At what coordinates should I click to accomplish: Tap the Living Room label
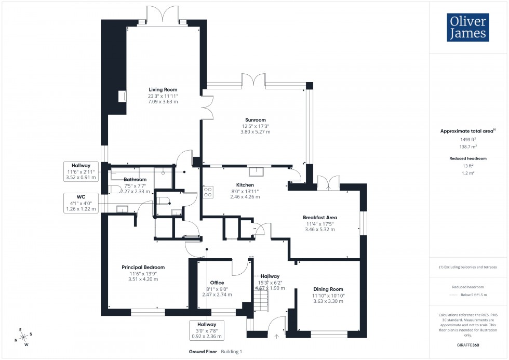tap(164, 89)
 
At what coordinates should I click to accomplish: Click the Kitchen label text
tap(245, 185)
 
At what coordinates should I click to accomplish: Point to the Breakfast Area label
tap(320, 217)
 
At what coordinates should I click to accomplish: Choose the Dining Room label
tap(328, 289)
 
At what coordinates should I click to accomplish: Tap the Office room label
tap(217, 283)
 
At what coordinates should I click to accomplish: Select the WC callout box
tap(81, 202)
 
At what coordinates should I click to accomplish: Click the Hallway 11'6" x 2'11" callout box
tap(81, 171)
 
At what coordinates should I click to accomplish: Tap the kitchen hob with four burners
tap(208, 192)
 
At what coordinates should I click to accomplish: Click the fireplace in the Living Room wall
tap(123, 96)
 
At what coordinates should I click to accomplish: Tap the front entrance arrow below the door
tap(276, 337)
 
